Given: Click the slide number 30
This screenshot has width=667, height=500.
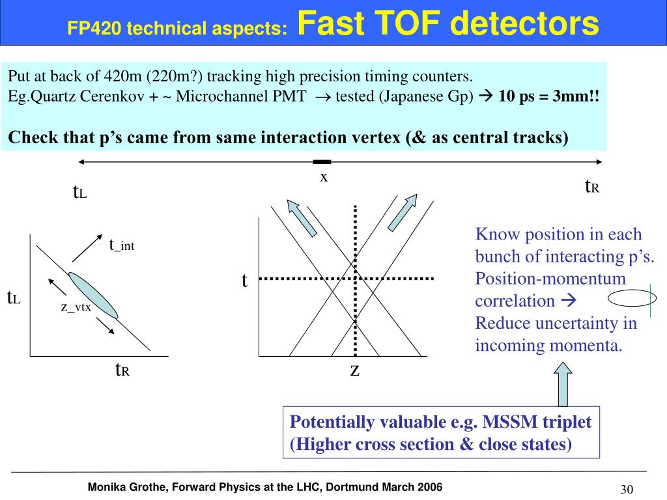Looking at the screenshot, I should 627,490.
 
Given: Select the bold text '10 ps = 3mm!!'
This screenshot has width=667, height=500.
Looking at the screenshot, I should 548,97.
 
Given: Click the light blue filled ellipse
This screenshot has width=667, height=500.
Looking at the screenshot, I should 93,294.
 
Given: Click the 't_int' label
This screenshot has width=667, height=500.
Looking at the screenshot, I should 122,245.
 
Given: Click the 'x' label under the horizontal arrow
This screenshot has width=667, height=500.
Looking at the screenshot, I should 322,177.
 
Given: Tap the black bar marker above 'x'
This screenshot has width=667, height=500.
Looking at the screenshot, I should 322,161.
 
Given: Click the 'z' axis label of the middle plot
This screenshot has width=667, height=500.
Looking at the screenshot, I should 355,370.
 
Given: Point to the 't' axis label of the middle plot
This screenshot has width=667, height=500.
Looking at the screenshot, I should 244,281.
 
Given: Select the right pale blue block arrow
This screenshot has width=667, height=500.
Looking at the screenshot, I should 403,213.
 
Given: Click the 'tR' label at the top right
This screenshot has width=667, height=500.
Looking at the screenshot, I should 591,187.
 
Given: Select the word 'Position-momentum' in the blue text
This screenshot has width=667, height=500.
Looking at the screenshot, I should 550,279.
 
